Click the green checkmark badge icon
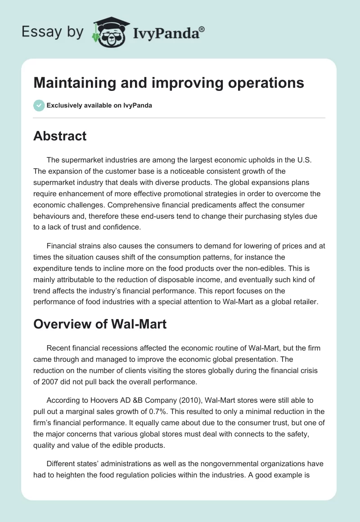[39, 105]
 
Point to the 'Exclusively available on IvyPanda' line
[99, 106]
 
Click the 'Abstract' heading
[60, 136]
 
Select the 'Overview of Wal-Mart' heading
[100, 324]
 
